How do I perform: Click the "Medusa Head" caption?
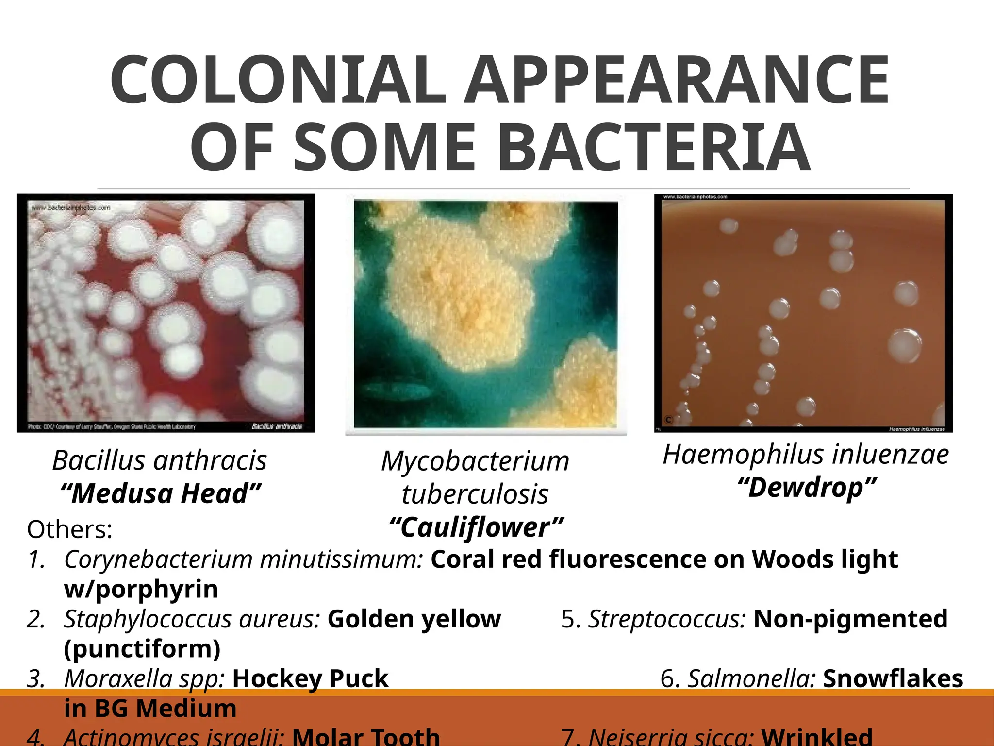(161, 493)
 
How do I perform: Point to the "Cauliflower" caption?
(476, 527)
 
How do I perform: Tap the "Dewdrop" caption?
(806, 488)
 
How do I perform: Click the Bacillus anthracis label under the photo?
(159, 460)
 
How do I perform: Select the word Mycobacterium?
(475, 461)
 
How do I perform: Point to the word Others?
(69, 529)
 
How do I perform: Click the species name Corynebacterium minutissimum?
(243, 559)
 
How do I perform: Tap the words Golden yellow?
(414, 619)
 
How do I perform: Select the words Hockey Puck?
(311, 678)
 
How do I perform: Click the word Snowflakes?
(893, 678)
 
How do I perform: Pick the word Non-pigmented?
(850, 619)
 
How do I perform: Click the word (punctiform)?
(142, 649)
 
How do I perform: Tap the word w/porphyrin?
(141, 589)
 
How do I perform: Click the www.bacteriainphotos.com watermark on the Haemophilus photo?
(695, 197)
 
